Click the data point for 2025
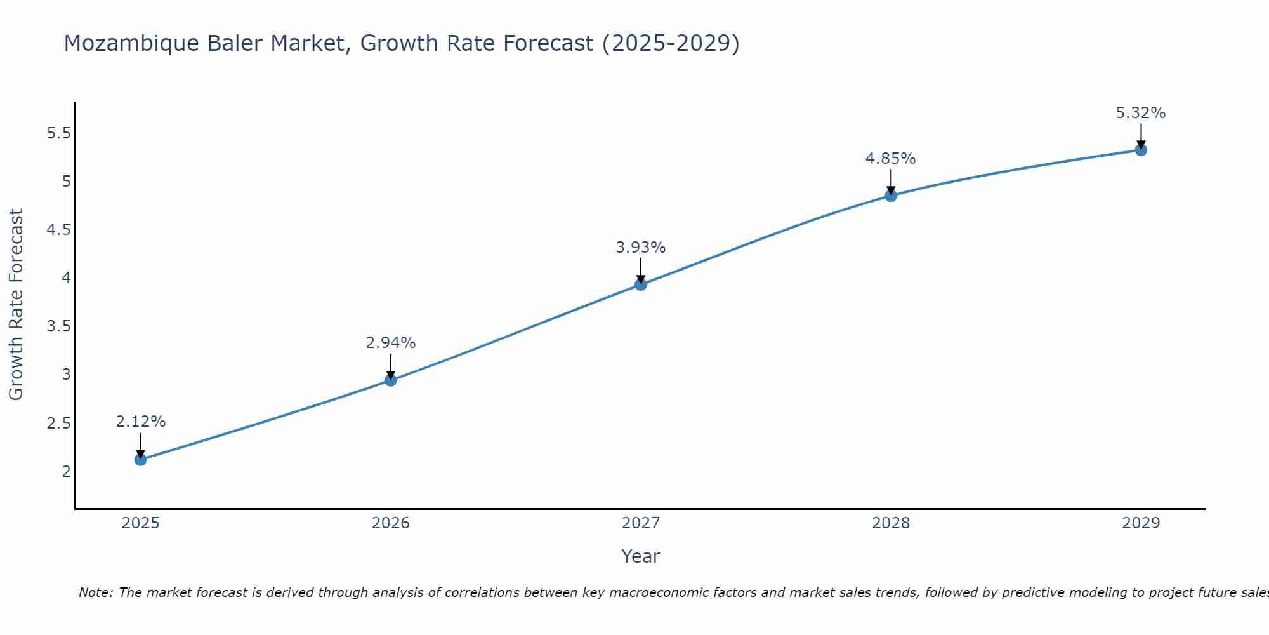pyautogui.click(x=140, y=459)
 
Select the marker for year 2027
pyautogui.click(x=641, y=284)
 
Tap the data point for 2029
pyautogui.click(x=1141, y=150)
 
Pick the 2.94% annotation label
pyautogui.click(x=391, y=343)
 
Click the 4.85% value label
pyautogui.click(x=891, y=159)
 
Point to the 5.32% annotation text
pyautogui.click(x=1141, y=113)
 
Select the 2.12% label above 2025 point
pyautogui.click(x=141, y=422)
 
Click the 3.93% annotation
pyautogui.click(x=641, y=248)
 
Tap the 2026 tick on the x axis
pyautogui.click(x=391, y=523)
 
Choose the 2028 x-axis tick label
pyautogui.click(x=891, y=523)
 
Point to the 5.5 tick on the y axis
pyautogui.click(x=58, y=133)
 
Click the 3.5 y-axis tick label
pyautogui.click(x=58, y=326)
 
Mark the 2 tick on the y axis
pyautogui.click(x=66, y=471)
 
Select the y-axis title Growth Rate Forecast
pyautogui.click(x=16, y=305)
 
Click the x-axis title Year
pyautogui.click(x=641, y=556)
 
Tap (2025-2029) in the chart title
pyautogui.click(x=670, y=44)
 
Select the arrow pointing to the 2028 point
pyautogui.click(x=891, y=183)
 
